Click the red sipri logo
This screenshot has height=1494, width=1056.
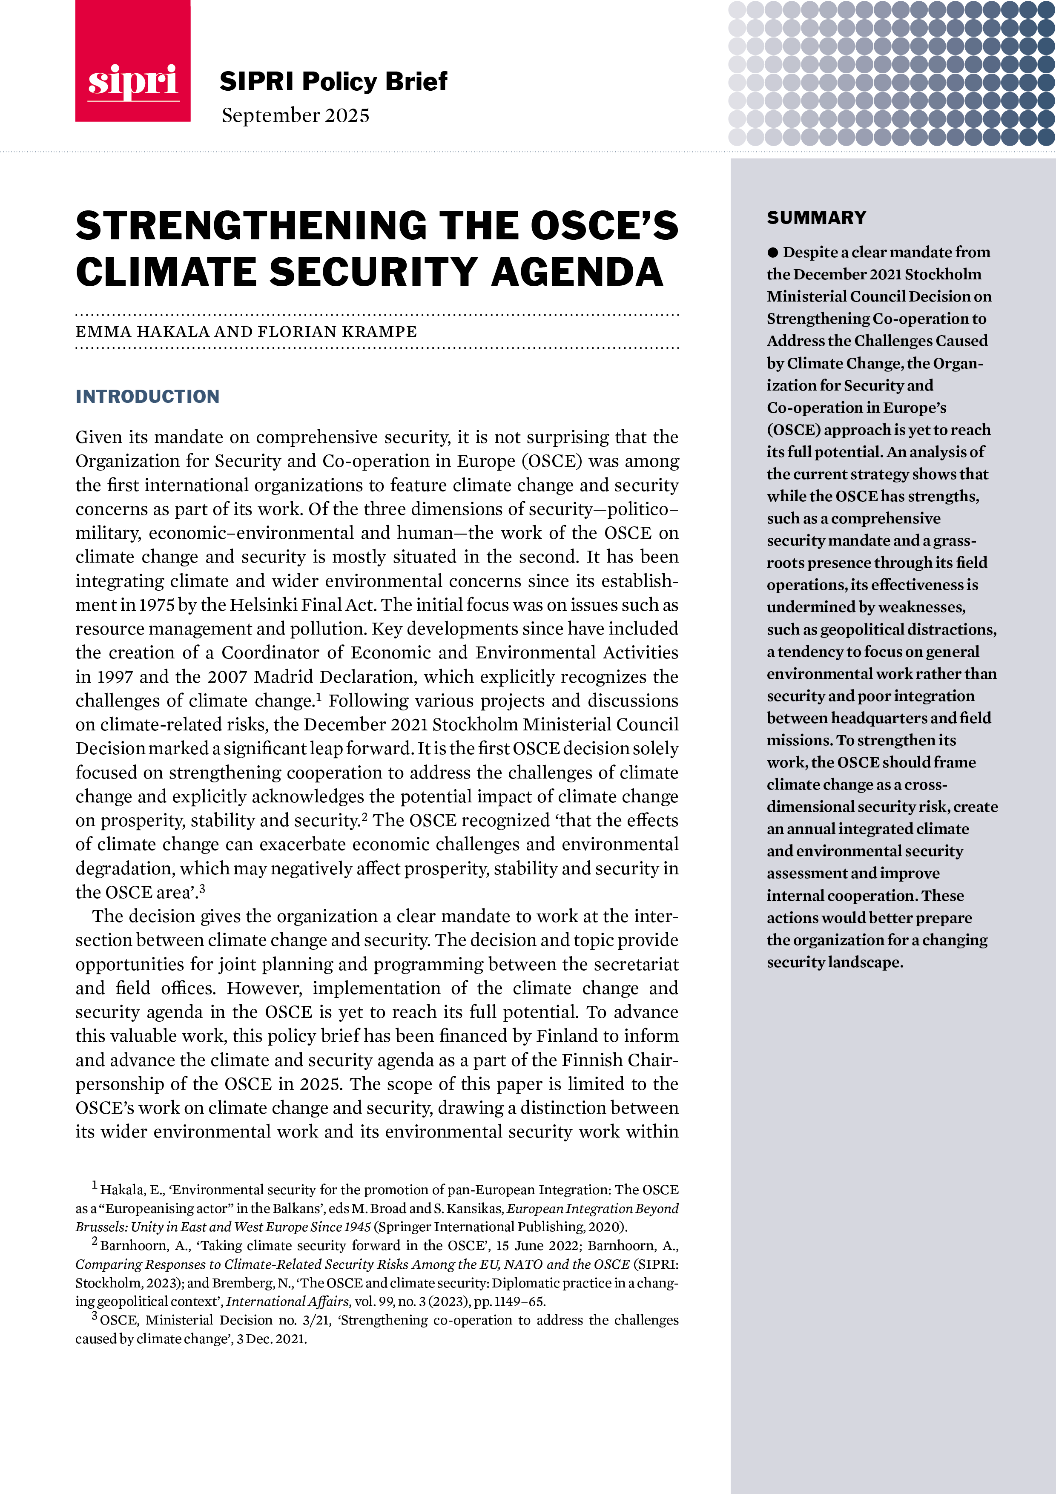(133, 61)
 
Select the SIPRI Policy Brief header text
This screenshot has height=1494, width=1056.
(333, 81)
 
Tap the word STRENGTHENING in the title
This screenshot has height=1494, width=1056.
(250, 226)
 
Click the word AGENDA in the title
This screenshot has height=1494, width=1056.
(577, 272)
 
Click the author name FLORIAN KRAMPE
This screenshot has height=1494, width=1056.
(337, 332)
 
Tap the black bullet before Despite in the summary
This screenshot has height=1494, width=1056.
(772, 253)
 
